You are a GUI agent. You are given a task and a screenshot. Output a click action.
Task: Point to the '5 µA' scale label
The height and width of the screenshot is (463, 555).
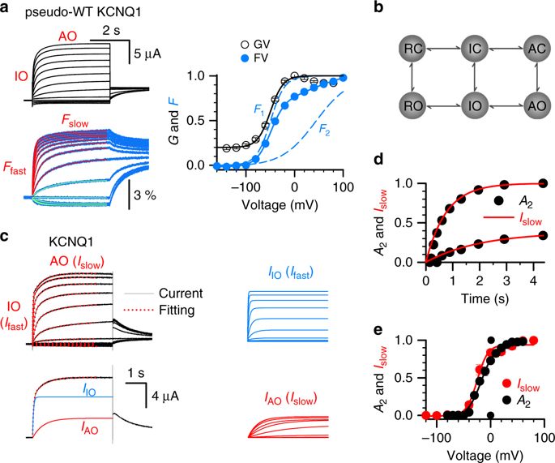coord(147,55)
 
